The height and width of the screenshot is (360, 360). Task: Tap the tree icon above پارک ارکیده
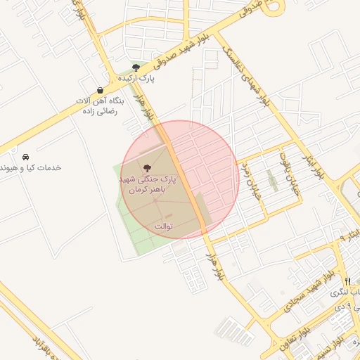click(x=136, y=67)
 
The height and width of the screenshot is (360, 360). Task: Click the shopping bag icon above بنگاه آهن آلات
click(x=100, y=90)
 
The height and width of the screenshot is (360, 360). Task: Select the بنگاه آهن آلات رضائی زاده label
click(x=100, y=106)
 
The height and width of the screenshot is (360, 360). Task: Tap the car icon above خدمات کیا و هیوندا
click(x=25, y=156)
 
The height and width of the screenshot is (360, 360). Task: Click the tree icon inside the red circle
click(x=147, y=168)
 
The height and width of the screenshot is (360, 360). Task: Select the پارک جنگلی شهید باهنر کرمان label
click(x=147, y=185)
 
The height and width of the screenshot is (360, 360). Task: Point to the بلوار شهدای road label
click(x=246, y=75)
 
